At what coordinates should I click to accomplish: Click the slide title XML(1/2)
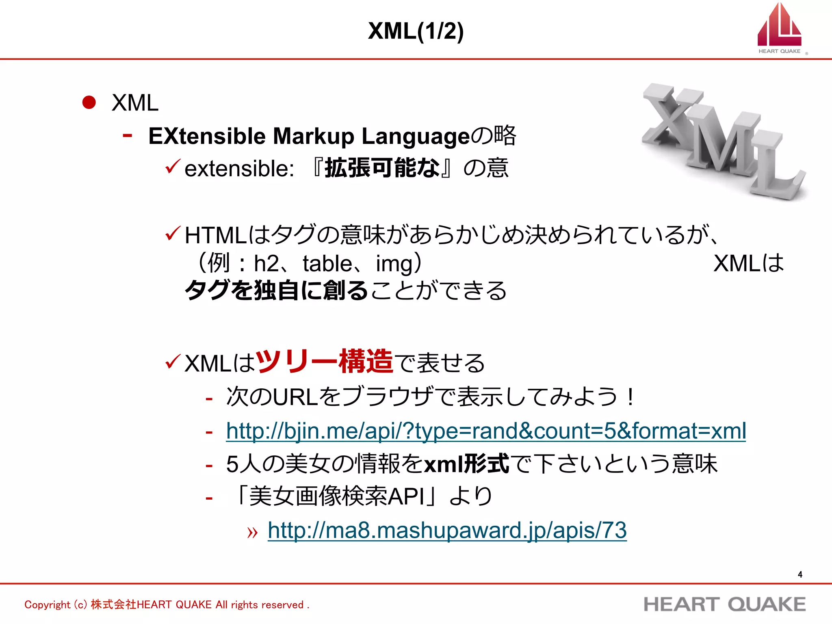pos(416,31)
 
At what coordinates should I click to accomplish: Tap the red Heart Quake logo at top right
pos(779,26)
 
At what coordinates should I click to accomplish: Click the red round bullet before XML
pos(89,102)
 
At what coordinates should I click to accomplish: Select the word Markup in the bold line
pos(314,136)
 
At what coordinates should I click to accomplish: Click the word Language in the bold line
pos(415,137)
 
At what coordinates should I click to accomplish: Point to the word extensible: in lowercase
pos(239,168)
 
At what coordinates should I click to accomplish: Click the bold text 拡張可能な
pos(382,167)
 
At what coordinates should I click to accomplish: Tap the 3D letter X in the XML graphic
pos(670,116)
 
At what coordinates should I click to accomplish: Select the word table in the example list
pos(327,264)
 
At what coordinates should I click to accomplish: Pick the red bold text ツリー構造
pos(324,361)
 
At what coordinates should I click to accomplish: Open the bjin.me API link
pos(486,431)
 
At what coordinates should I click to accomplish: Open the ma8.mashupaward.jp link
pos(447,530)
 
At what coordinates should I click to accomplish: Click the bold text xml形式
pos(466,464)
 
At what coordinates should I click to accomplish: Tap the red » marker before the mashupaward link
pos(252,532)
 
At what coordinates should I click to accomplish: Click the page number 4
pos(799,574)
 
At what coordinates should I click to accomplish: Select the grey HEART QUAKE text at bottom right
pos(724,604)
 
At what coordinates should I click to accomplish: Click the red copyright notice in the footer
pos(167,604)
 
